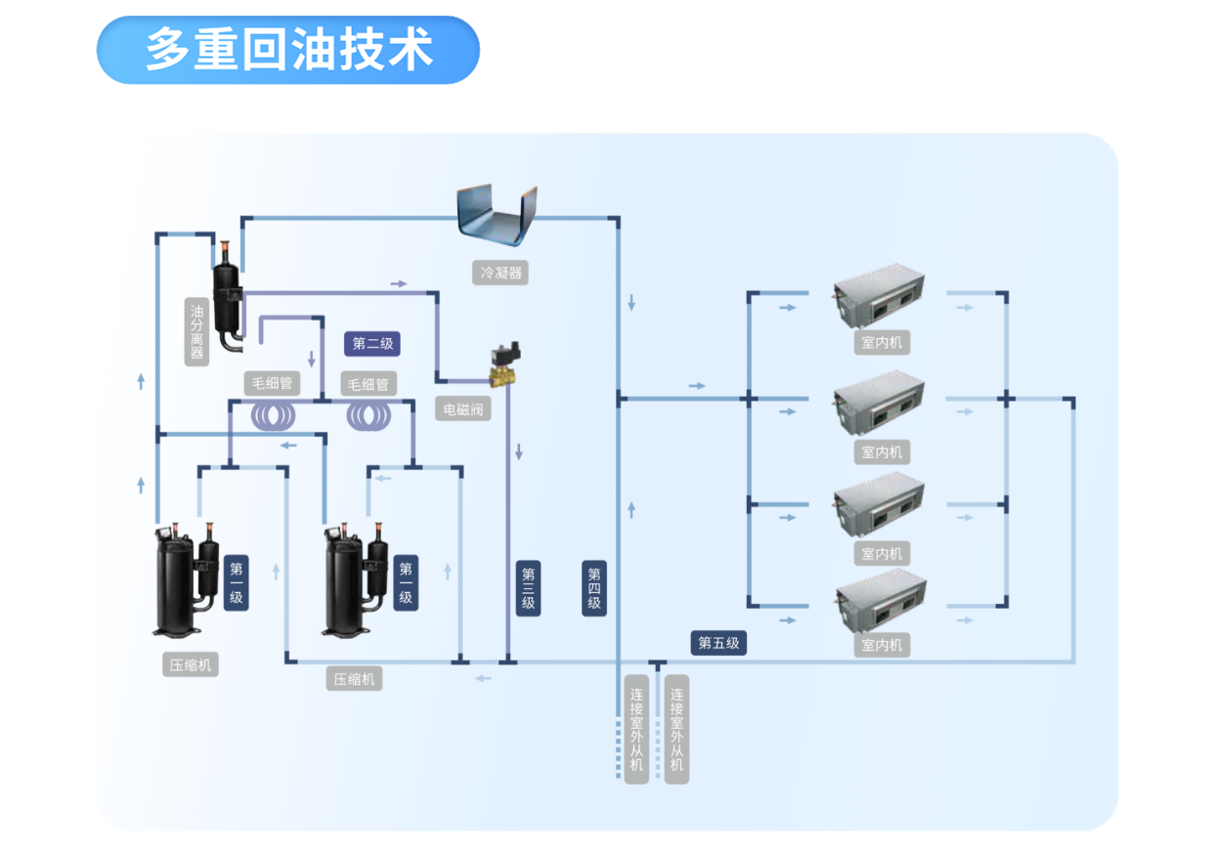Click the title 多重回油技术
click(289, 48)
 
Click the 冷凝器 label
click(500, 273)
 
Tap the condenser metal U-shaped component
click(498, 218)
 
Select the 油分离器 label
click(196, 331)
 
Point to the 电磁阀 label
click(463, 409)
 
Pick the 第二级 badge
click(372, 344)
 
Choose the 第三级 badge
click(528, 588)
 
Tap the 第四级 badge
click(594, 588)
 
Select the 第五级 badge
click(719, 643)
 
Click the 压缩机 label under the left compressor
click(191, 665)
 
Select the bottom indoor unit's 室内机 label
click(882, 646)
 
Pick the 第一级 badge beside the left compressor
click(236, 583)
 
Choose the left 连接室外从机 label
click(636, 729)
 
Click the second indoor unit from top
click(879, 405)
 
